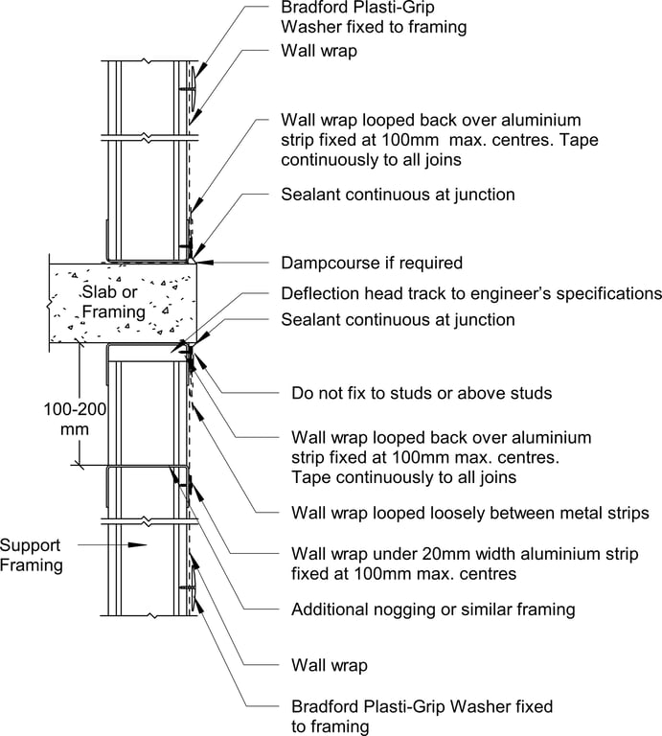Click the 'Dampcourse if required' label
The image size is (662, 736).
[x=372, y=263]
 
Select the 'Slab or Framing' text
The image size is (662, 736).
[x=114, y=302]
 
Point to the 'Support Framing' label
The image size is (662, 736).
[x=31, y=555]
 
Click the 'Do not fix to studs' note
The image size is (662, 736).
[x=422, y=393]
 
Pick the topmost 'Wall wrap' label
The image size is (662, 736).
[x=319, y=51]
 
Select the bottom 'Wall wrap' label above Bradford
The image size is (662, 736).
[x=330, y=663]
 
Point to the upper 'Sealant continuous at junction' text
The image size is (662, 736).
[x=398, y=194]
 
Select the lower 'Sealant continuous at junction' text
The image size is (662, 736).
[x=398, y=320]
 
